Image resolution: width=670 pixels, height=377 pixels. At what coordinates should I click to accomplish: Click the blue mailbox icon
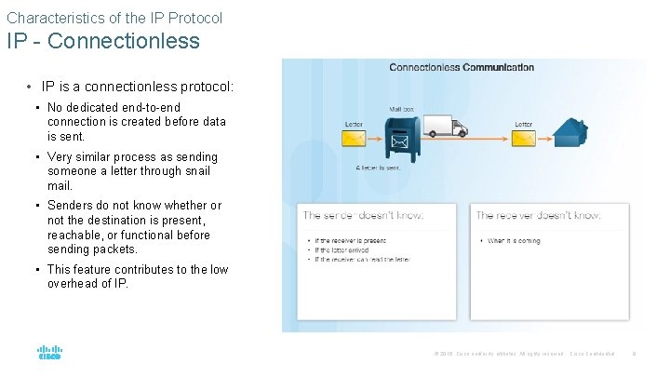(x=400, y=139)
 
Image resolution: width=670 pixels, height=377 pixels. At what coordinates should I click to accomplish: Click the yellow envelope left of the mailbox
(x=354, y=141)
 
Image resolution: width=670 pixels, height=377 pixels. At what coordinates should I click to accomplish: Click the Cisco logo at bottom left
(x=49, y=354)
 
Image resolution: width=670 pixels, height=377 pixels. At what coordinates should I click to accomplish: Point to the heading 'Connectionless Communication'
(x=462, y=67)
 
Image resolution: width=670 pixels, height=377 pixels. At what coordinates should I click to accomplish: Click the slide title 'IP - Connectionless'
(x=103, y=41)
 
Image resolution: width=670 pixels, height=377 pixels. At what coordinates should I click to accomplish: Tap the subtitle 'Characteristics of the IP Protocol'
(x=114, y=17)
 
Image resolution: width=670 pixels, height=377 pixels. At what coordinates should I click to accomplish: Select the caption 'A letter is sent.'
(x=378, y=168)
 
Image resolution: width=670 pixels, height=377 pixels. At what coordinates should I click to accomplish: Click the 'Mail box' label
(x=402, y=108)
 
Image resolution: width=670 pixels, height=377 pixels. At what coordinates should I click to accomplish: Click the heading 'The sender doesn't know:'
(x=363, y=215)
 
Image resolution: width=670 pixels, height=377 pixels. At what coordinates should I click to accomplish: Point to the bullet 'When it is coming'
(x=514, y=241)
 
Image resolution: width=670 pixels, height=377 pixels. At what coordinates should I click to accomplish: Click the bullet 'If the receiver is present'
(x=350, y=241)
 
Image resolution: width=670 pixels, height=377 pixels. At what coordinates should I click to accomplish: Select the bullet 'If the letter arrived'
(x=342, y=250)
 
